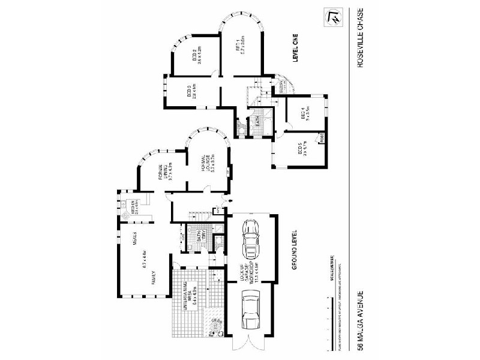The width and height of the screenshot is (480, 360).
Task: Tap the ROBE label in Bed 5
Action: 322,137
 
